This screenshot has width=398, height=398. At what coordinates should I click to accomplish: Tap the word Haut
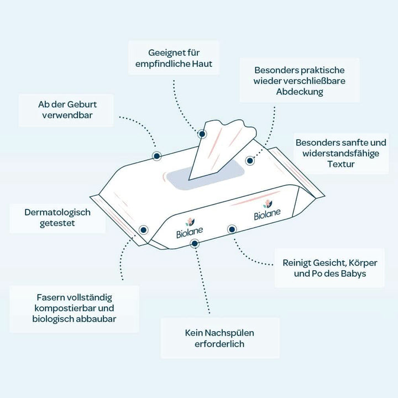click(202, 64)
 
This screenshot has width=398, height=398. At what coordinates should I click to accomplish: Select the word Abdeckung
click(300, 92)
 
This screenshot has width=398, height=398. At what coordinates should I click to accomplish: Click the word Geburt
click(82, 104)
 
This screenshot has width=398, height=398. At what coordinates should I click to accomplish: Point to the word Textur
click(341, 164)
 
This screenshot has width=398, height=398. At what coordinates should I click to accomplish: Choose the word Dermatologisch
click(57, 212)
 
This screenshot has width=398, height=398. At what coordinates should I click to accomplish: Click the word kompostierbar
click(65, 308)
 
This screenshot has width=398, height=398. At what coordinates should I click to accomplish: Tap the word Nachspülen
click(229, 333)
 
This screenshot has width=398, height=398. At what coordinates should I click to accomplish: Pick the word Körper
click(363, 263)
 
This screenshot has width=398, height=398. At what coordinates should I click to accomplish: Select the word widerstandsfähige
click(341, 154)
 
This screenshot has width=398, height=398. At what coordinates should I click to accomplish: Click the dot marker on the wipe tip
click(202, 134)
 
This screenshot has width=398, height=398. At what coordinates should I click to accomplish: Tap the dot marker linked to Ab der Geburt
click(157, 156)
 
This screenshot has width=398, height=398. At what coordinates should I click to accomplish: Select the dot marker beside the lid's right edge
click(250, 161)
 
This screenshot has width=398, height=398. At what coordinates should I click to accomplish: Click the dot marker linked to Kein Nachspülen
click(195, 244)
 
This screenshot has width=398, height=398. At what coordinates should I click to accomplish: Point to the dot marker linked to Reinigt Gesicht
click(232, 229)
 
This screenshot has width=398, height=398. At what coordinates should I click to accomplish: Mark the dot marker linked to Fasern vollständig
click(143, 230)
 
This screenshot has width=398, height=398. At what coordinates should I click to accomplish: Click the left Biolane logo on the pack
click(190, 228)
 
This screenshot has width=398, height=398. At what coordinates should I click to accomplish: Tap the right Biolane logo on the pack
click(267, 211)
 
